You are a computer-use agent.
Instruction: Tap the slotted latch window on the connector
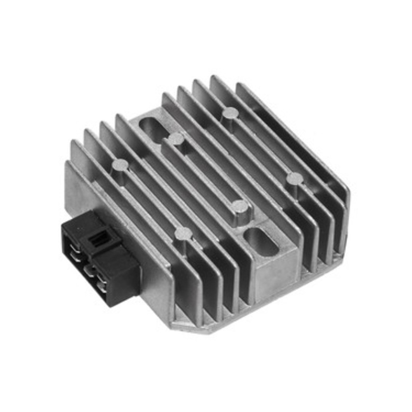[x=98, y=241]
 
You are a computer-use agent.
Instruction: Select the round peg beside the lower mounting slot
[x=239, y=206]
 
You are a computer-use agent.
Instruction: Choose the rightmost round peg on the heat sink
[x=294, y=178]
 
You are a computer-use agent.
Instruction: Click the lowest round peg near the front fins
[x=183, y=234]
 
